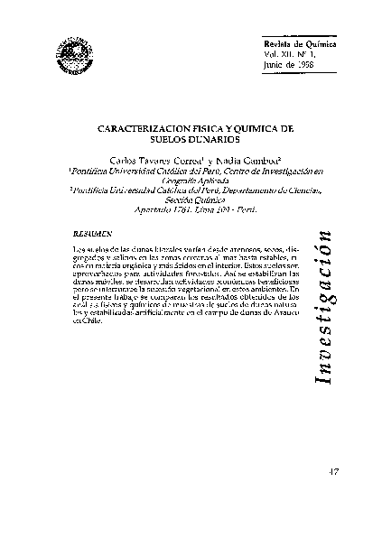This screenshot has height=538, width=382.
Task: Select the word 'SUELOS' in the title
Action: point(161,142)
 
